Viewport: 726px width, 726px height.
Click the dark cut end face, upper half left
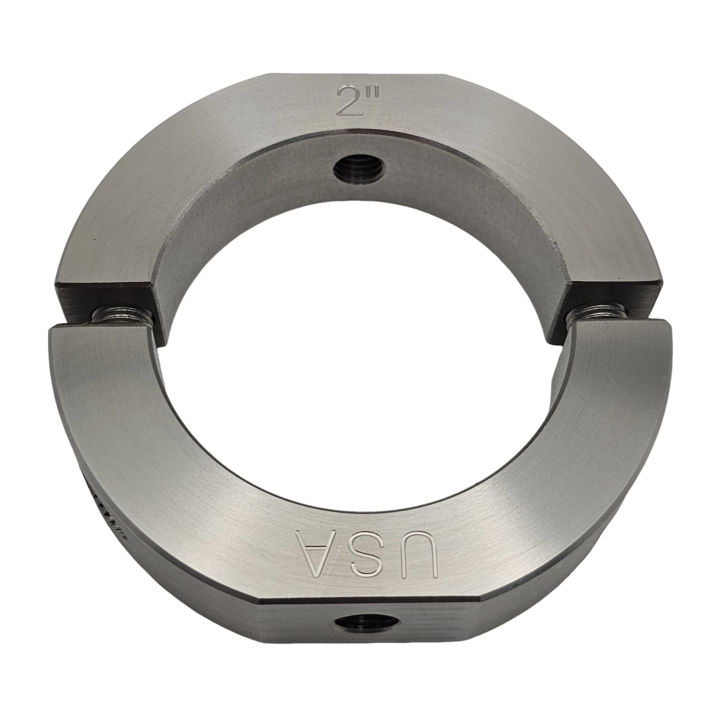[106, 295]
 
